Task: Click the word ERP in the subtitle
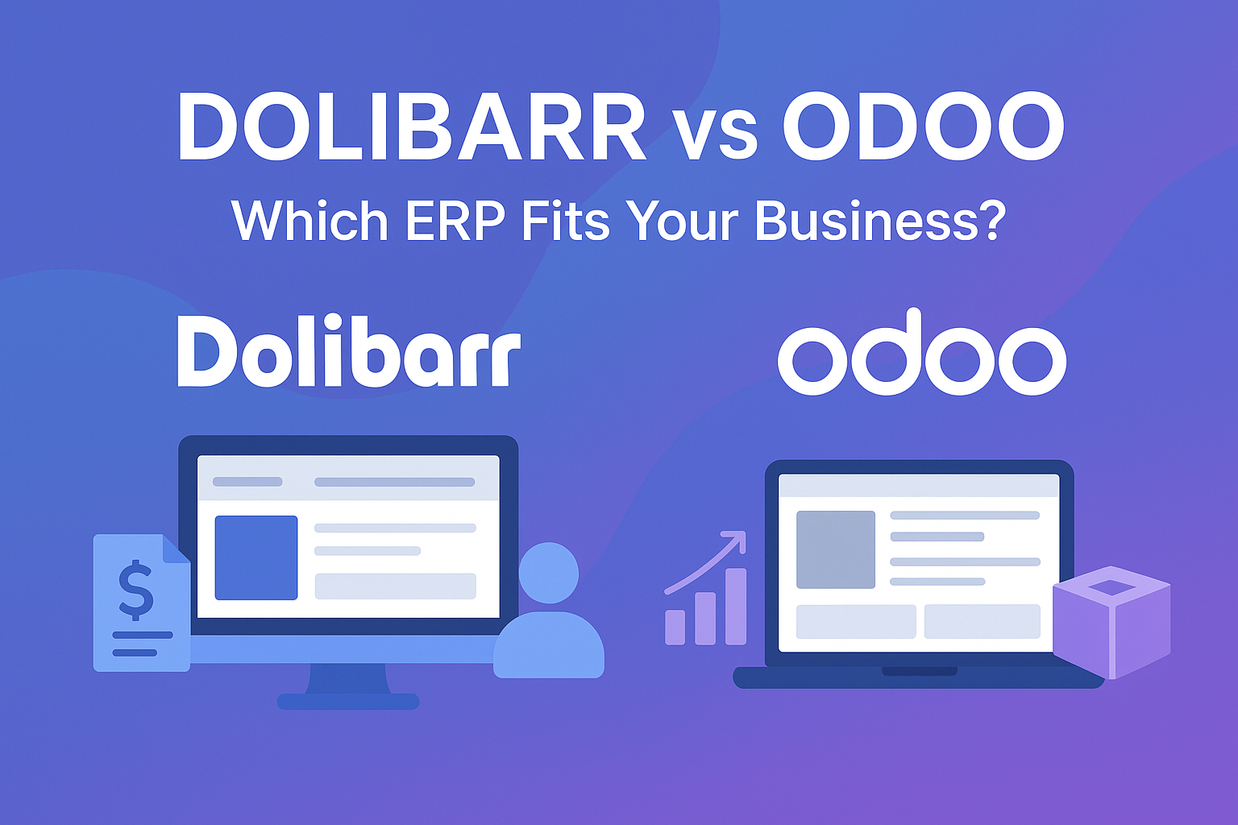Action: coord(455,219)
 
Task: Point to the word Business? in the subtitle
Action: coord(880,219)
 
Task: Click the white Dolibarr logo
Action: coord(348,352)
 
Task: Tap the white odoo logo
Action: coord(921,354)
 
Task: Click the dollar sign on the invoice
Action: coord(135,589)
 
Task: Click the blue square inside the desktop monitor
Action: coord(256,558)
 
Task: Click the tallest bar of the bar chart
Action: coord(736,606)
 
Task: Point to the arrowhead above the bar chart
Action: coord(737,539)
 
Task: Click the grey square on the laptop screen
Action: coord(836,549)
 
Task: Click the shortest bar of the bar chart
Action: coord(675,627)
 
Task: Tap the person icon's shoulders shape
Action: coord(549,646)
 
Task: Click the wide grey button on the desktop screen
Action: coord(395,586)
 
